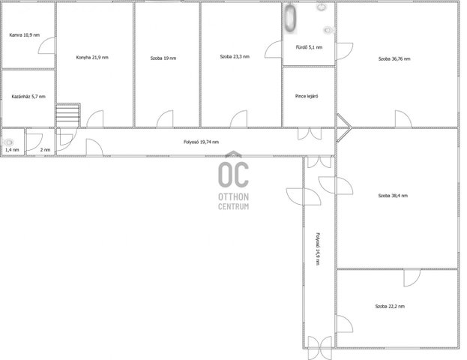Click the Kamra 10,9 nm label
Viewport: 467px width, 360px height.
(25, 34)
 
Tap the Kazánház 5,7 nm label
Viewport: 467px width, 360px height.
(28, 97)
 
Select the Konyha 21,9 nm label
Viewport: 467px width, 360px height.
(92, 58)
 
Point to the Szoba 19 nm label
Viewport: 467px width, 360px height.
(163, 58)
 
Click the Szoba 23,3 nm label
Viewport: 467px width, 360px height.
(235, 56)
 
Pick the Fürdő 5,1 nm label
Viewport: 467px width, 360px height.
(309, 47)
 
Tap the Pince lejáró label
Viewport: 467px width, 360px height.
(307, 96)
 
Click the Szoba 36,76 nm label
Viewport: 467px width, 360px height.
(394, 59)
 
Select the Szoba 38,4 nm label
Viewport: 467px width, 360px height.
(393, 196)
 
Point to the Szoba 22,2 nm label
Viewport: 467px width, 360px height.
(390, 306)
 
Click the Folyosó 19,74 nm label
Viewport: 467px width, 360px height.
(202, 142)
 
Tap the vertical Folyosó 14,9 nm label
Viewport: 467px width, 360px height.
(318, 249)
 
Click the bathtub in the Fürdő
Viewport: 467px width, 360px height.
(290, 19)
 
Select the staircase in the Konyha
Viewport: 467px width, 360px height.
(68, 115)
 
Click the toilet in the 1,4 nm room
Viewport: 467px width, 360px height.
(9, 142)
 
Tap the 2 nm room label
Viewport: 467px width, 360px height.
(45, 150)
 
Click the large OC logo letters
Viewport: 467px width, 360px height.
(234, 175)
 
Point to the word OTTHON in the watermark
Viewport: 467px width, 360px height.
(234, 196)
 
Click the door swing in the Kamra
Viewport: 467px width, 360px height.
(46, 46)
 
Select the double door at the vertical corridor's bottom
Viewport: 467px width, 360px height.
(319, 348)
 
